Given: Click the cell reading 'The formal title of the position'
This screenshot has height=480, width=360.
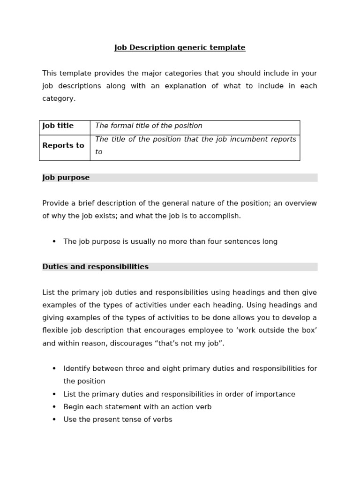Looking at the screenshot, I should pyautogui.click(x=149, y=126).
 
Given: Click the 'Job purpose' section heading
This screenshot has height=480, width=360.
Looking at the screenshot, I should pyautogui.click(x=66, y=178).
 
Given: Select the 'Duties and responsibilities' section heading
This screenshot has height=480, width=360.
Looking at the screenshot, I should pyautogui.click(x=96, y=267).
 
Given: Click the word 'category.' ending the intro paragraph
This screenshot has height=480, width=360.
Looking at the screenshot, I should pyautogui.click(x=59, y=99).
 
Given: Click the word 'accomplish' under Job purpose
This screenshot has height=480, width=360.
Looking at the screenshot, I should pyautogui.click(x=222, y=216).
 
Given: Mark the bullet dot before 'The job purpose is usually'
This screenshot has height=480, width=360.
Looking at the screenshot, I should pyautogui.click(x=54, y=242).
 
